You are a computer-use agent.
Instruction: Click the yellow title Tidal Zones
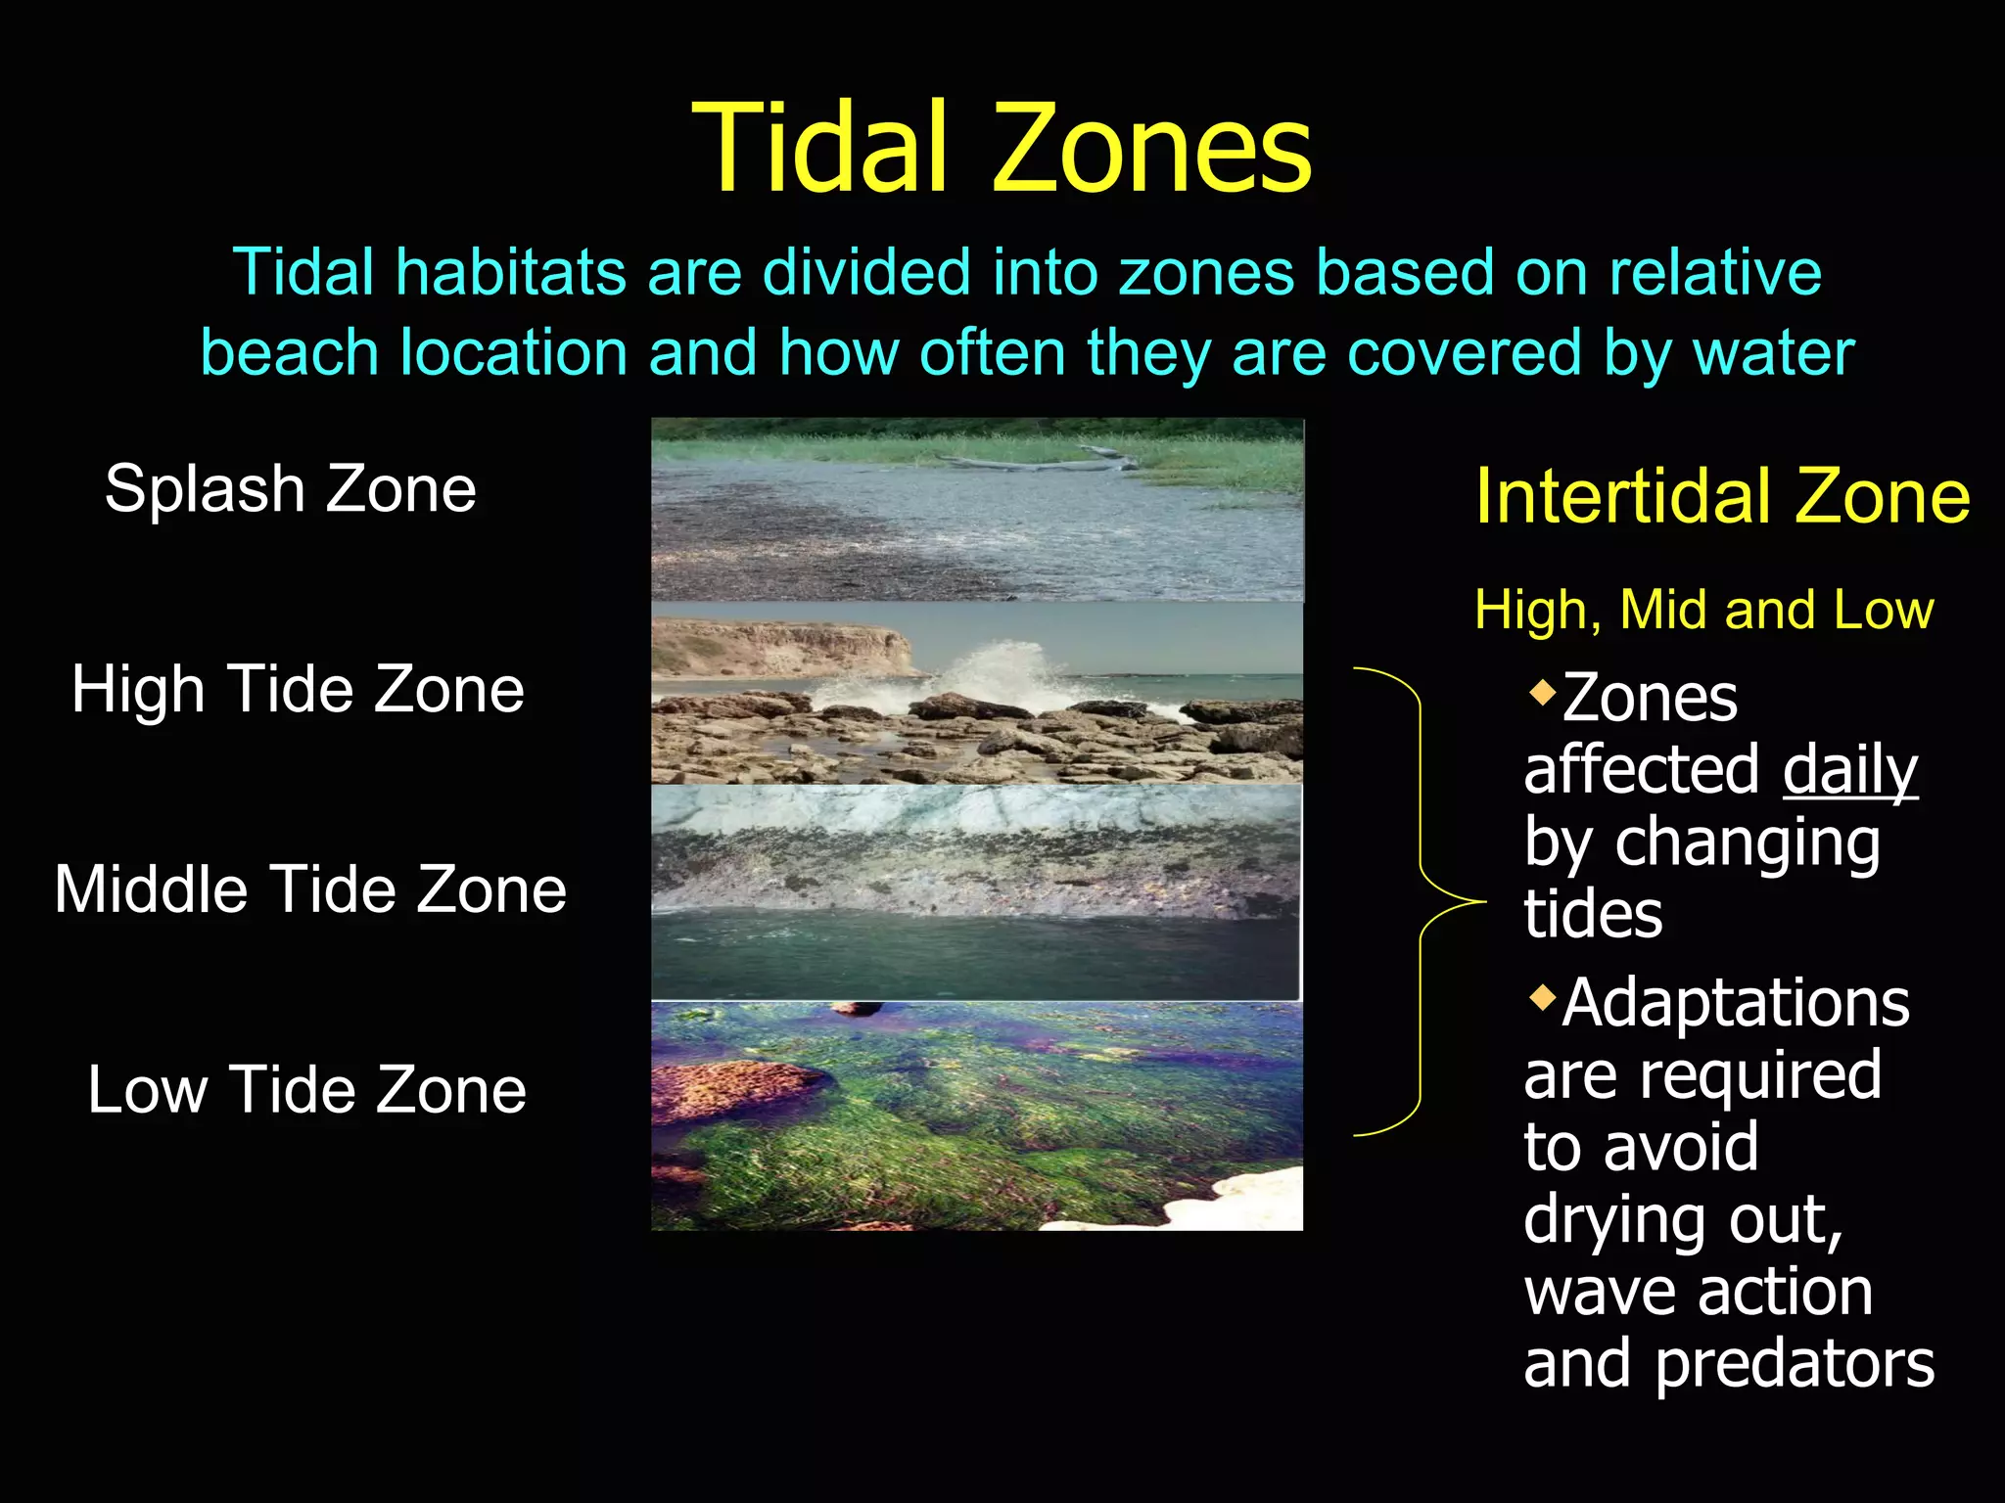coord(1001,149)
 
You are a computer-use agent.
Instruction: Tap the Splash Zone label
coord(291,488)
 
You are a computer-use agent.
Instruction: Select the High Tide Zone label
coord(298,689)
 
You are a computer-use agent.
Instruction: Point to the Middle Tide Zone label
coord(310,889)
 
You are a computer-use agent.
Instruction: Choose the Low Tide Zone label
coord(306,1090)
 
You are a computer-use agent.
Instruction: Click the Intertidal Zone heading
coord(1722,497)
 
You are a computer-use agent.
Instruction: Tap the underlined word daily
coord(1849,770)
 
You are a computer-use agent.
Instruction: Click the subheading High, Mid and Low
coord(1703,610)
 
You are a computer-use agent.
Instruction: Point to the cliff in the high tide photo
coord(783,646)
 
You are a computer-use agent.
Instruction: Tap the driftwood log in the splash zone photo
coord(1038,460)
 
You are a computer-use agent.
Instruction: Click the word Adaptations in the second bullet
coord(1735,1004)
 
